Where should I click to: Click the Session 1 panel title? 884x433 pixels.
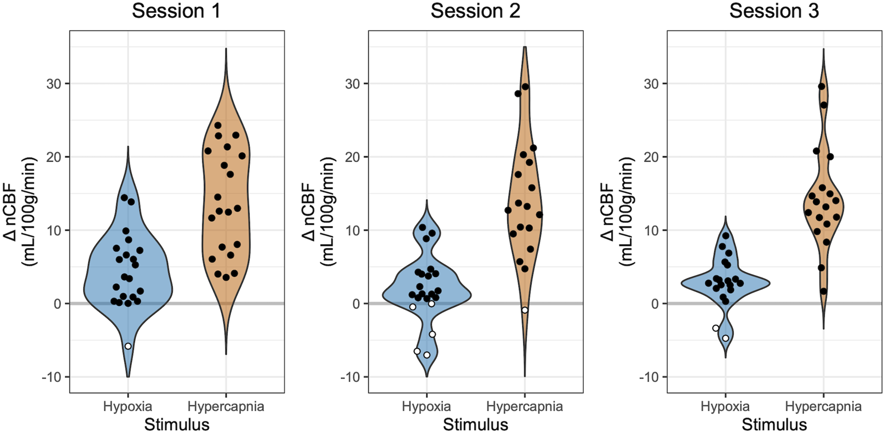click(x=176, y=11)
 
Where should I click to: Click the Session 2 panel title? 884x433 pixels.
click(x=475, y=11)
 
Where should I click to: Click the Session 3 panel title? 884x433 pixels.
click(x=774, y=11)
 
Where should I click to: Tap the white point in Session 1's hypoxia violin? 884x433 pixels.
click(x=128, y=346)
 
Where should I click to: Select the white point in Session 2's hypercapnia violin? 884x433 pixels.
click(x=525, y=310)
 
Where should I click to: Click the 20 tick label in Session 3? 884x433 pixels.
click(x=651, y=157)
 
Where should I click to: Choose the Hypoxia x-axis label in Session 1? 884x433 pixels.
click(x=128, y=407)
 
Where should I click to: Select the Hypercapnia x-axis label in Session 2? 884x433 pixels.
click(x=524, y=407)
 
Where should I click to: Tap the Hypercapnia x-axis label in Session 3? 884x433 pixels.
click(x=823, y=407)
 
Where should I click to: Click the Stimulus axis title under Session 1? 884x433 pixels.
click(x=177, y=425)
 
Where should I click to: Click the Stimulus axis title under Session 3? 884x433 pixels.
click(x=774, y=425)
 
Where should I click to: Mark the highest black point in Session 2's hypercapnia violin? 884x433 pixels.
click(x=525, y=87)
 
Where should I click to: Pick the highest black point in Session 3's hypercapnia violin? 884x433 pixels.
click(x=822, y=87)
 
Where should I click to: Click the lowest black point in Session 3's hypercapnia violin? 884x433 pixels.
click(x=824, y=291)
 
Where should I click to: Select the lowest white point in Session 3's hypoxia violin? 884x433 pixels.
click(x=725, y=338)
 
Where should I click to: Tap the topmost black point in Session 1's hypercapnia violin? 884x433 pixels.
click(x=218, y=125)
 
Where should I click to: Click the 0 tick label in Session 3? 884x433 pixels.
click(x=655, y=304)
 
